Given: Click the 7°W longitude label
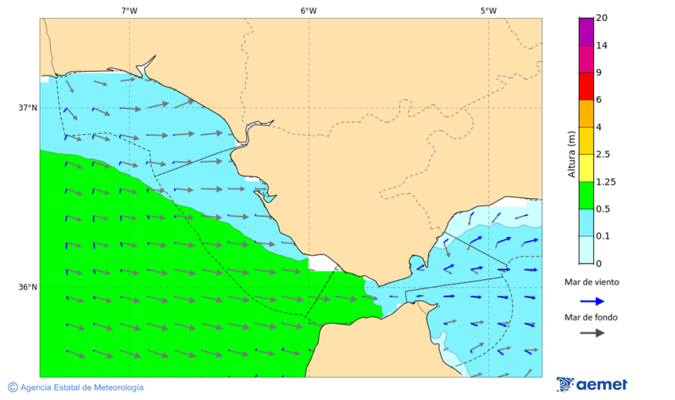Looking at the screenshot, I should tap(129, 11).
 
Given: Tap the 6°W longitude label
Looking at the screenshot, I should tap(308, 11).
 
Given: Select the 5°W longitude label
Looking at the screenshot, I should tap(488, 11).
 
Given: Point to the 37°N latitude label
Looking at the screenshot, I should tap(28, 107).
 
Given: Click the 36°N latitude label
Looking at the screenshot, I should tap(28, 287).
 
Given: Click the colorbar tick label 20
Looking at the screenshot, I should tap(601, 18).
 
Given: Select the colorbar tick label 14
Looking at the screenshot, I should tap(601, 45).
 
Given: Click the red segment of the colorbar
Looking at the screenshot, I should tap(586, 86).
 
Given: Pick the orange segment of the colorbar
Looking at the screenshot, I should tap(586, 113).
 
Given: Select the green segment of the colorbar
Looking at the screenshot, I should tap(586, 195).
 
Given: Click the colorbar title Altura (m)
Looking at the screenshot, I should tap(571, 153).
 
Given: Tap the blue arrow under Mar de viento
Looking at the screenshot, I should tap(592, 301).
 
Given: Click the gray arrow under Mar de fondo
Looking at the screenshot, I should tap(592, 332).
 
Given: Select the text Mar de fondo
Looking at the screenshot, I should tap(592, 317).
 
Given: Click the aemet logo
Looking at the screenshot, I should tap(592, 385).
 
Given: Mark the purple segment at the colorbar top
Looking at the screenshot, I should tap(586, 31).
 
